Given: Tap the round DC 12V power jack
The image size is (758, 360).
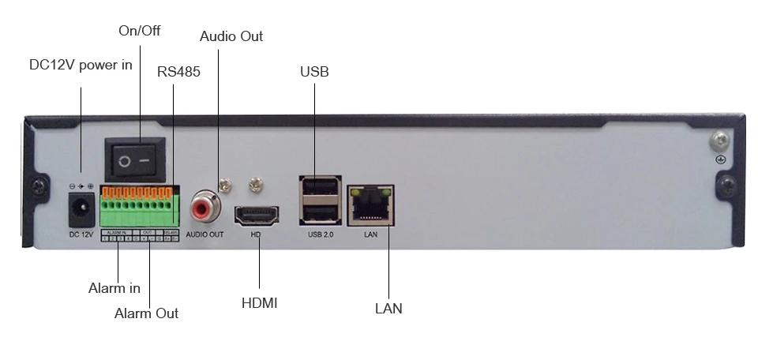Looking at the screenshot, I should click(x=80, y=209).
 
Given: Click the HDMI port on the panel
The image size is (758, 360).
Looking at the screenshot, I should click(x=255, y=216).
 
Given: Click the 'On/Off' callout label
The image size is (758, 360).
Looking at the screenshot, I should click(x=139, y=31).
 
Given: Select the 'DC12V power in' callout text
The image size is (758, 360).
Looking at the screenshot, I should click(x=81, y=65).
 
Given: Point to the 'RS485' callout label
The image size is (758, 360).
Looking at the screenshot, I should click(x=178, y=72).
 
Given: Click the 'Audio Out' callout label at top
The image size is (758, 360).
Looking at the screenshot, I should click(x=231, y=36).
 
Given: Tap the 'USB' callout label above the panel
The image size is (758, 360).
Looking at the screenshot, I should click(x=314, y=72).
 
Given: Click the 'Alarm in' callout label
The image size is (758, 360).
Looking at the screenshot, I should click(x=114, y=288).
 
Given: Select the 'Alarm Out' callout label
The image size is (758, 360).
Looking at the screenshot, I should click(x=146, y=313).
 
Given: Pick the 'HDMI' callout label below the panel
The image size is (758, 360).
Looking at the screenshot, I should click(x=259, y=302).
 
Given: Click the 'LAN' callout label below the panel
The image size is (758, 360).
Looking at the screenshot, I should click(x=388, y=308).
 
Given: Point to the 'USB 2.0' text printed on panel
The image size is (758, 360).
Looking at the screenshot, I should click(x=321, y=235).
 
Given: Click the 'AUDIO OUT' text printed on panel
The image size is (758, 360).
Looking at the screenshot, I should click(x=205, y=235).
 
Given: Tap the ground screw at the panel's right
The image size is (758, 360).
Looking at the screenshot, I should click(x=719, y=142).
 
